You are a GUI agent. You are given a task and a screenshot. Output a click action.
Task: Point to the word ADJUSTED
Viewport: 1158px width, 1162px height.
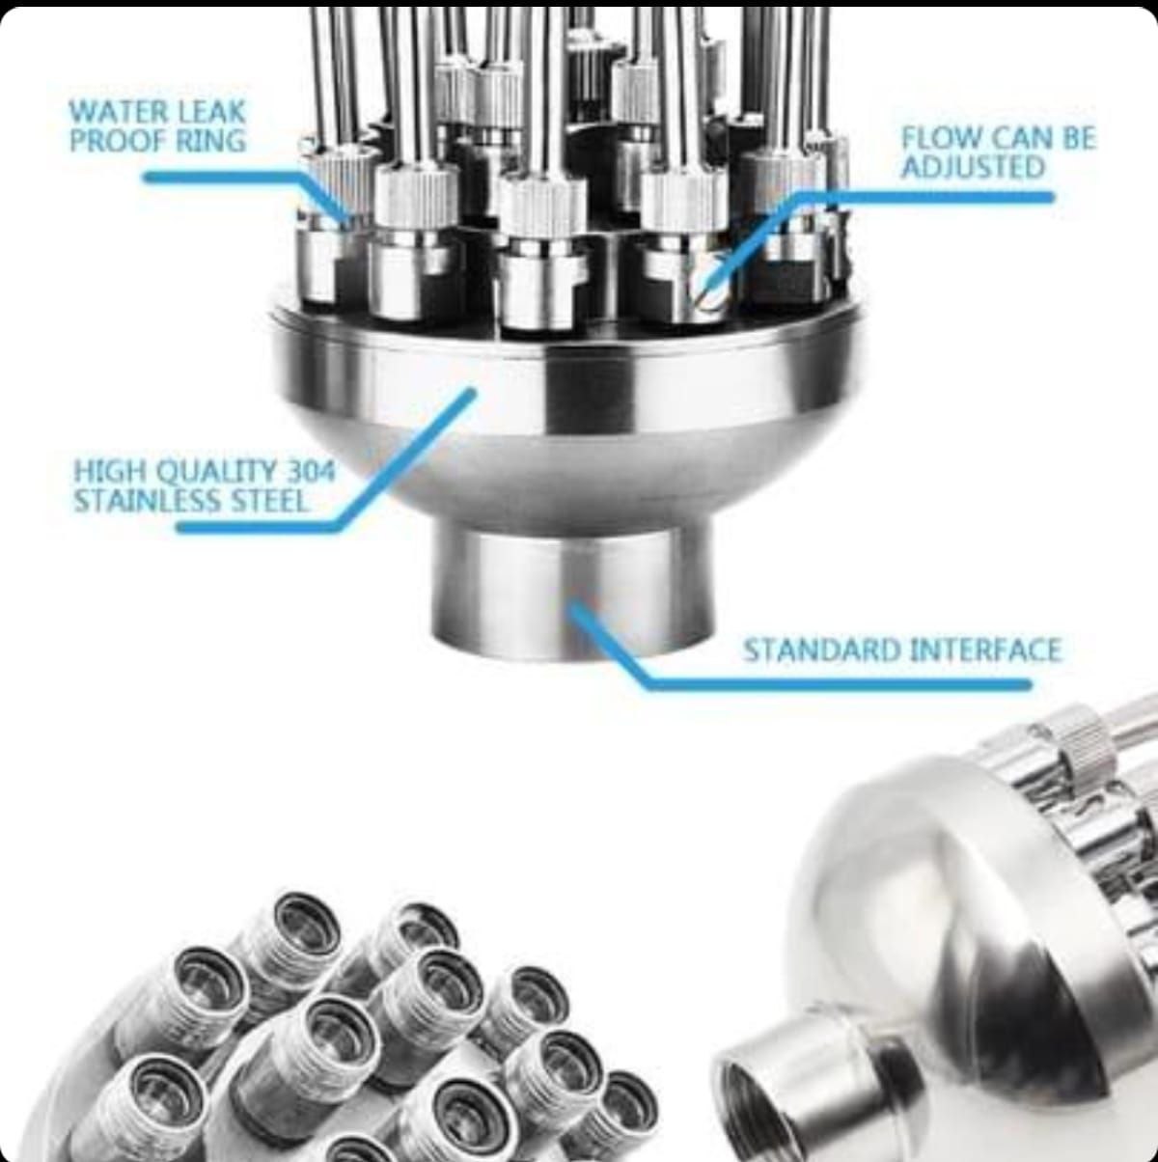tap(973, 166)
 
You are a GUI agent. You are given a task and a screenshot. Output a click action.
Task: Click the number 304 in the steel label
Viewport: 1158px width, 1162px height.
tap(310, 471)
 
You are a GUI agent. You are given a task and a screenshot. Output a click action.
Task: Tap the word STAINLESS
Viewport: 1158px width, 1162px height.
tap(148, 501)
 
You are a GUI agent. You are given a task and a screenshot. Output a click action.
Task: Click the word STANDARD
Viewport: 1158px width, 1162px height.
tap(821, 650)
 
